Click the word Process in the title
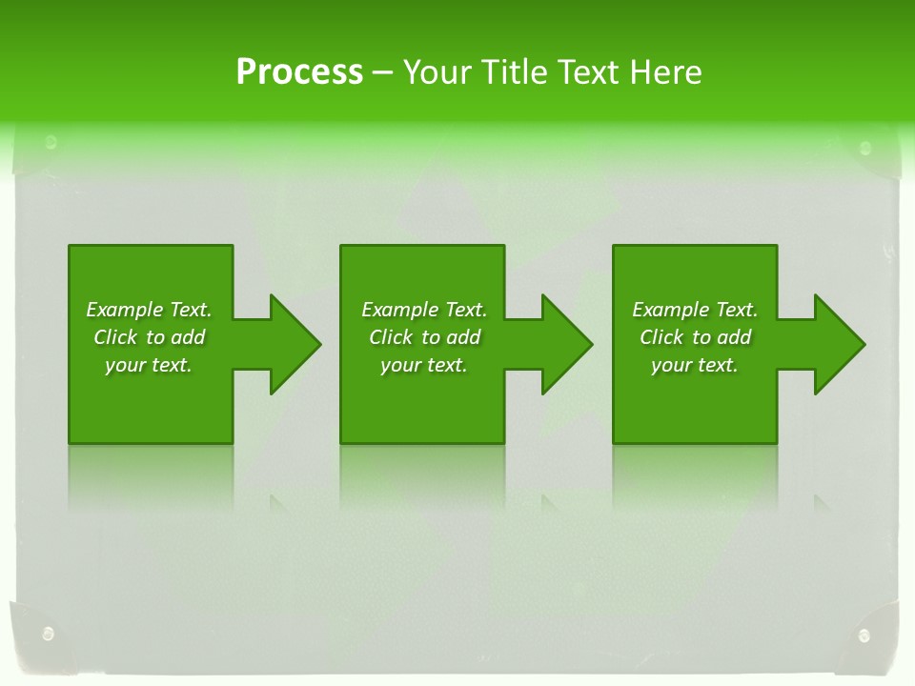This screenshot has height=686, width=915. point(299,72)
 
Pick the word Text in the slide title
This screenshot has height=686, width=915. point(590,72)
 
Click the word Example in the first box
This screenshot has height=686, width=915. point(123,310)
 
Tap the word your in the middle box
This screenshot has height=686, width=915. point(400,365)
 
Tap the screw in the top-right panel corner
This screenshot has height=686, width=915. point(864,148)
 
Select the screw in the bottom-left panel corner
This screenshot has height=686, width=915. point(48,633)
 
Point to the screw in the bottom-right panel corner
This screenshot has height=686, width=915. point(864,636)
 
